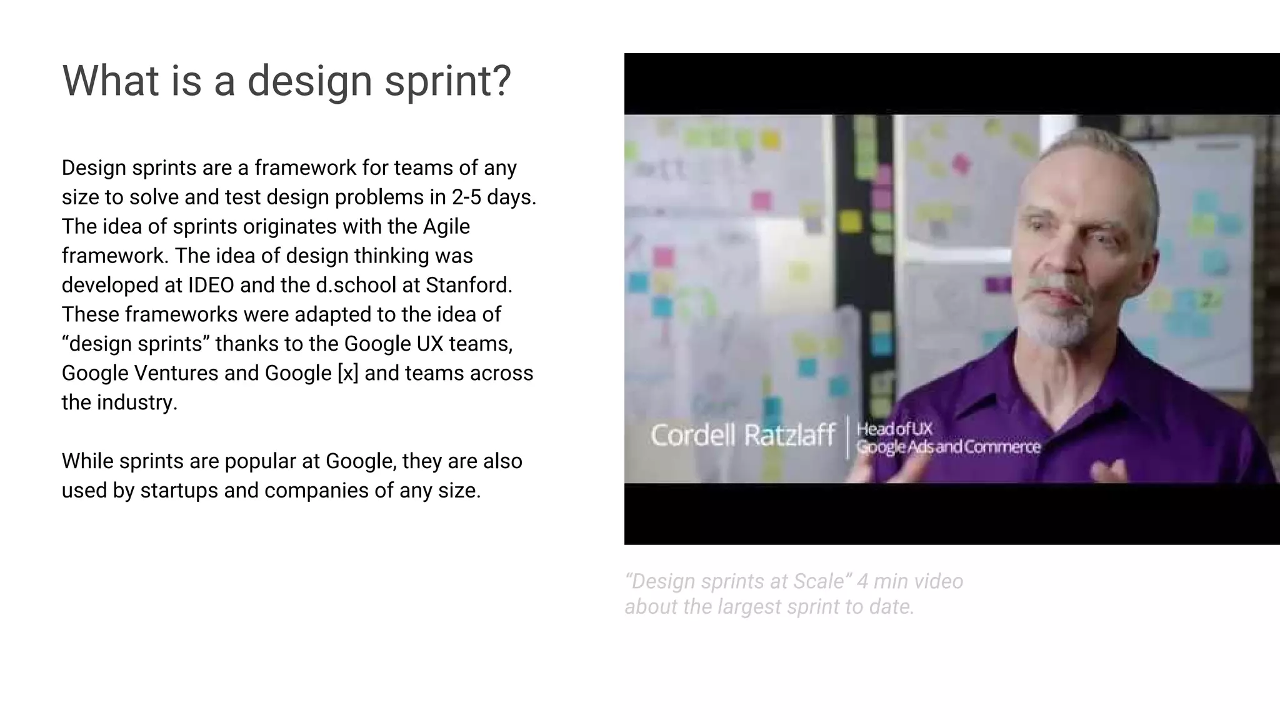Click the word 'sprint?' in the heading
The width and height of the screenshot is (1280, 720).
(x=447, y=81)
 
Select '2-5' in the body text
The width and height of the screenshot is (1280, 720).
(x=466, y=197)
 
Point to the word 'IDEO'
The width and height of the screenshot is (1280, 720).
(x=211, y=285)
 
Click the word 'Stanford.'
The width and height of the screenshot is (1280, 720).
(x=469, y=285)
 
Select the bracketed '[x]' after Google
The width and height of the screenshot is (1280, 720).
(x=347, y=373)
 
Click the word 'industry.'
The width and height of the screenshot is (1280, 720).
(x=137, y=402)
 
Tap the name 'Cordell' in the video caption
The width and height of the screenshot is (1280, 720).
(x=693, y=435)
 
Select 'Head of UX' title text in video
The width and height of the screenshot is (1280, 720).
(x=894, y=429)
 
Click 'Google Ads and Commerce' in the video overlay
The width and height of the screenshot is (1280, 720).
(x=947, y=447)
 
